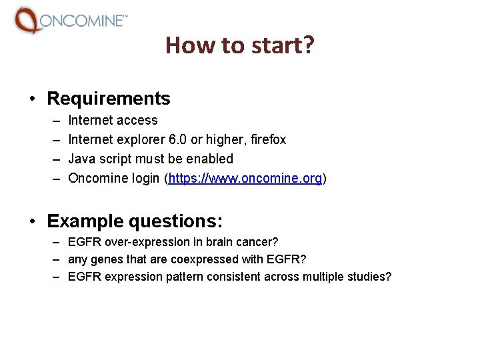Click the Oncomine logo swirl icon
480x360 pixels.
pyautogui.click(x=27, y=20)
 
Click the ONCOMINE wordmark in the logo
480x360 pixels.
pyautogui.click(x=81, y=21)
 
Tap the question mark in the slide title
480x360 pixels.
pyautogui.click(x=309, y=45)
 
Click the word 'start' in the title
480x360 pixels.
pyautogui.click(x=277, y=45)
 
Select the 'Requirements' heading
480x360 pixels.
pyautogui.click(x=109, y=99)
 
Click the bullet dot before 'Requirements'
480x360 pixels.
pyautogui.click(x=32, y=99)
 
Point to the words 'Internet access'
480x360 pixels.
pyautogui.click(x=113, y=121)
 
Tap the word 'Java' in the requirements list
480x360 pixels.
pyautogui.click(x=81, y=159)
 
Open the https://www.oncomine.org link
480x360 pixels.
pyautogui.click(x=245, y=179)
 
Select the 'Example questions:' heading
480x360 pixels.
pyautogui.click(x=135, y=221)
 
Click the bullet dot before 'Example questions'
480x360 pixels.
pyautogui.click(x=32, y=221)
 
